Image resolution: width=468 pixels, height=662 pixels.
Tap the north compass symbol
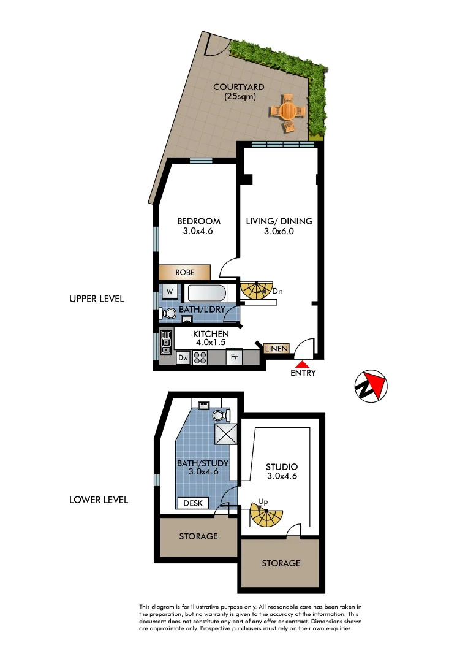371,386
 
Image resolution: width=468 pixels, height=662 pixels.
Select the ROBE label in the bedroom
185,272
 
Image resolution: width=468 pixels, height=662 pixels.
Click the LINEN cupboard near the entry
276,348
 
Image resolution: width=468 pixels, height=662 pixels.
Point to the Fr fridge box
233,357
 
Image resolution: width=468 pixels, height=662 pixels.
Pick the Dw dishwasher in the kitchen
183,357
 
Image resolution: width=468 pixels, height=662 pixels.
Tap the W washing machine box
170,291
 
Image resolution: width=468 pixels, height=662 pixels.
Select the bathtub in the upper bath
206,294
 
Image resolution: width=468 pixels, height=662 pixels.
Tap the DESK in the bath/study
192,503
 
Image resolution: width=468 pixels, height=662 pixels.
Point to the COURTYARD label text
239,91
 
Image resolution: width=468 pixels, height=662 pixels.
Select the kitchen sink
165,341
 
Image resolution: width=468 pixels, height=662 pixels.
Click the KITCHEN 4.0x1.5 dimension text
211,338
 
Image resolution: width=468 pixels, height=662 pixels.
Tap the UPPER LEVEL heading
97,299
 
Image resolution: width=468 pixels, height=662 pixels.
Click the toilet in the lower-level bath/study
220,416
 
